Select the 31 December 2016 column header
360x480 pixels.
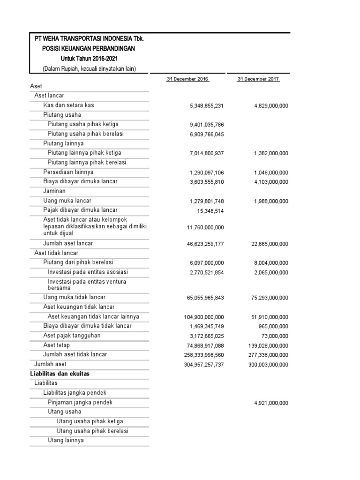187,79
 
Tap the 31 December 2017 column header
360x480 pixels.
258,79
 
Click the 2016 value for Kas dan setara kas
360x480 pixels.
207,106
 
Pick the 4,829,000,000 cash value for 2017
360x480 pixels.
271,106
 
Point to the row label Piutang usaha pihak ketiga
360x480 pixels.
83,124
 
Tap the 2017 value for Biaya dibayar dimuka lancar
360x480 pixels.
271,182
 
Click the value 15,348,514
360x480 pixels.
210,211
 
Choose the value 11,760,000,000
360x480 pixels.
205,228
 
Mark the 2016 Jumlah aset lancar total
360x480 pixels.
205,244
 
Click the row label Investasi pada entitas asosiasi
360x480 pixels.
88,272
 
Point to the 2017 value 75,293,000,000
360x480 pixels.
270,298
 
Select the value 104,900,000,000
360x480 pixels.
203,317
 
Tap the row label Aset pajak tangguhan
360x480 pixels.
72,336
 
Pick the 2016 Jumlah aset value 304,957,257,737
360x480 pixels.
203,365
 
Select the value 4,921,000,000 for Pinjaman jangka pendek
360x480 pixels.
271,403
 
